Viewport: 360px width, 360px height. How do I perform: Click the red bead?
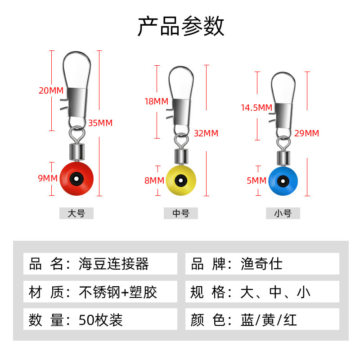point(76,179)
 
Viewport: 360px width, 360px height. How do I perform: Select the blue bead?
point(283,182)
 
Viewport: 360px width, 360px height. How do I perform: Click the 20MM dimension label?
point(51,90)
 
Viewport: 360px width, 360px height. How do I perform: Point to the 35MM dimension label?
point(100,123)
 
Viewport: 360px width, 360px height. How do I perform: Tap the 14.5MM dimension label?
point(256,108)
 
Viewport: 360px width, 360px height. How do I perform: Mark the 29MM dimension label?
point(306,133)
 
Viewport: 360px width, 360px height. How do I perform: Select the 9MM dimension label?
point(48,178)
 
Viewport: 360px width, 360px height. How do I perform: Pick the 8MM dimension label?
point(154,180)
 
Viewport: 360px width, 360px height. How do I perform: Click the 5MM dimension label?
point(256,180)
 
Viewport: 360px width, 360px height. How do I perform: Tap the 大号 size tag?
point(76,214)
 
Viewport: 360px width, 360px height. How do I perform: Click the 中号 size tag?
point(181,214)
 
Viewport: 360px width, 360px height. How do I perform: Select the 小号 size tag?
point(283,214)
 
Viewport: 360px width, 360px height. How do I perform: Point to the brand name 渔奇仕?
point(261,264)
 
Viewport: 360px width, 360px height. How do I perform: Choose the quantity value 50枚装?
point(100,319)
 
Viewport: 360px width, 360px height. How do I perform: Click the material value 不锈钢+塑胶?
point(118,292)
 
